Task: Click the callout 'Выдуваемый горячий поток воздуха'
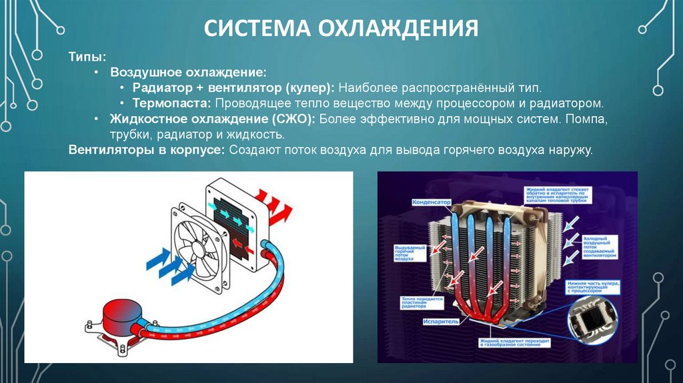(x=406, y=255)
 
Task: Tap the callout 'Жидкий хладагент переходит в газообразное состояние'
(x=510, y=344)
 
